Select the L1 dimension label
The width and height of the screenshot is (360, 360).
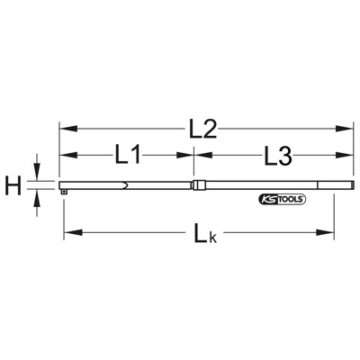coord(128,156)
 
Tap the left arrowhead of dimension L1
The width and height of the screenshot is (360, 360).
coord(65,156)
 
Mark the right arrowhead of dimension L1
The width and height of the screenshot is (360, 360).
coord(189,156)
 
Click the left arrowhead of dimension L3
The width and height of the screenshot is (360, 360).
coord(200,156)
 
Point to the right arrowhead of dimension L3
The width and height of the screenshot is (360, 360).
coord(346,156)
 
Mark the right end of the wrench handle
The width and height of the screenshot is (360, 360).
coord(348,186)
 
